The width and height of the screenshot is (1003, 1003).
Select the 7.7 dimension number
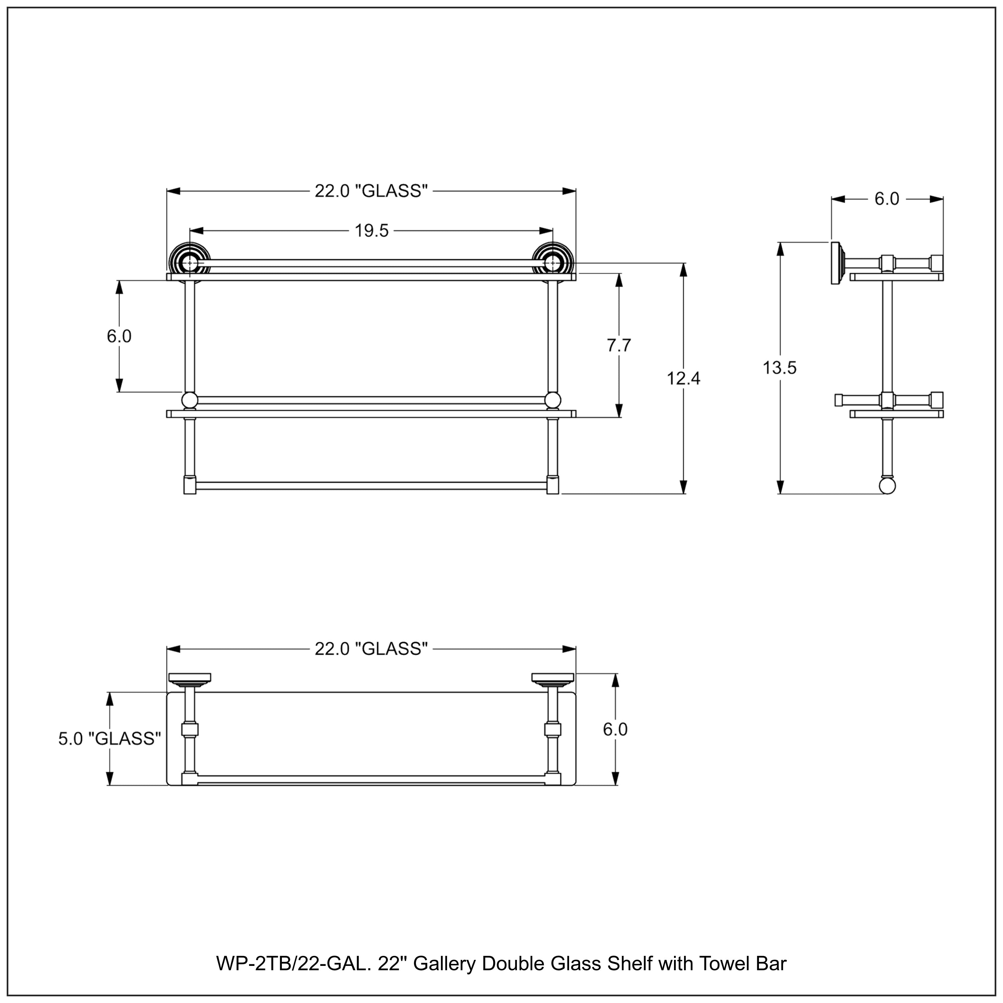point(619,345)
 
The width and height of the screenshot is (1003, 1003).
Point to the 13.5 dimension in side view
point(779,368)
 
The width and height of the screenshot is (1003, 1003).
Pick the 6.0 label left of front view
point(119,336)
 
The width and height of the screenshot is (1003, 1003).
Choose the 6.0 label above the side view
point(887,199)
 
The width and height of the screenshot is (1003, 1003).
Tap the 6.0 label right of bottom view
point(615,730)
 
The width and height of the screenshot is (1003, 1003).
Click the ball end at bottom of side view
point(887,486)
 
